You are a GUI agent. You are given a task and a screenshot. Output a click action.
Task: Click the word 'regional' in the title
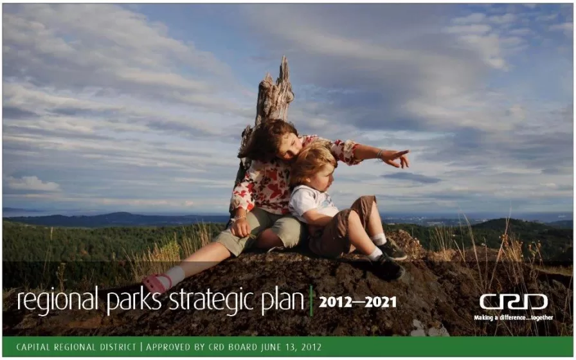click(58, 301)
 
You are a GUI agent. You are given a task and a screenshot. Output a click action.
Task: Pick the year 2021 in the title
click(382, 302)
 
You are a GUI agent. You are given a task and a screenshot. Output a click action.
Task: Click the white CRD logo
click(514, 302)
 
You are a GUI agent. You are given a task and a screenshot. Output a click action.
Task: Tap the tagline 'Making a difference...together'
click(513, 318)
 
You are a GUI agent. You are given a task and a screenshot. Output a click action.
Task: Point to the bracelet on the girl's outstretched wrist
click(379, 155)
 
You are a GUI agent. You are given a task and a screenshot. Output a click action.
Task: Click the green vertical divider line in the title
click(311, 301)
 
